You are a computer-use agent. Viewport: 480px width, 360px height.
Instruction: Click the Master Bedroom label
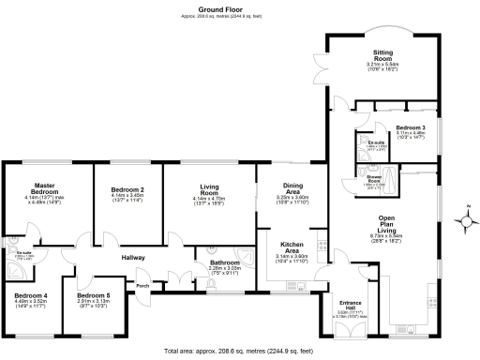point(48,187)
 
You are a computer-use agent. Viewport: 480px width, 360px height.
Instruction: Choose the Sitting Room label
point(382,56)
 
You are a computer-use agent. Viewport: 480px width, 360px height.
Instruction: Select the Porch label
point(143,285)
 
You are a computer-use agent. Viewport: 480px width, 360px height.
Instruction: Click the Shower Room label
point(373,177)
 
